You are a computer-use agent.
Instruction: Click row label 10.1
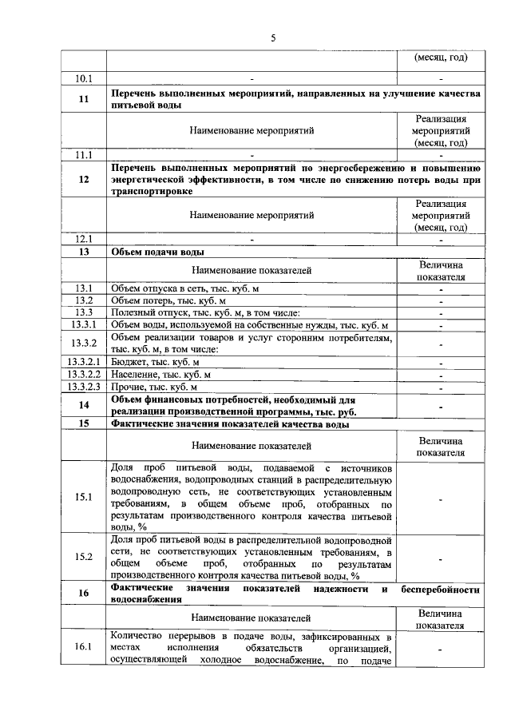84,78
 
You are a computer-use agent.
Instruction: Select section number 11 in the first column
84,99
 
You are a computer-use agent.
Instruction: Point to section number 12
84,180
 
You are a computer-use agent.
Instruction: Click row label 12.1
84,238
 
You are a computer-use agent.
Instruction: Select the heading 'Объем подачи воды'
152,252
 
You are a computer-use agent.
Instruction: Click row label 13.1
84,288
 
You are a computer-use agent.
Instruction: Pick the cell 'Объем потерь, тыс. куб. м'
168,300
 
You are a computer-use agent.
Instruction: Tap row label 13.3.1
84,325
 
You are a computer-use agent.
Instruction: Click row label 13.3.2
84,344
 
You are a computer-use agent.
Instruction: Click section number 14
84,405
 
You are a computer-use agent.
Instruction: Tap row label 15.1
84,497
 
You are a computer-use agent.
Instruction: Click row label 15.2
84,557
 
